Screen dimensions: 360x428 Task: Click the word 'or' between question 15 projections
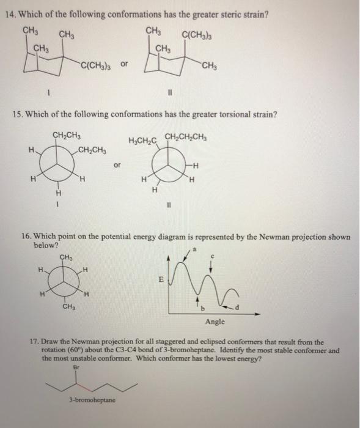click(118, 164)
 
